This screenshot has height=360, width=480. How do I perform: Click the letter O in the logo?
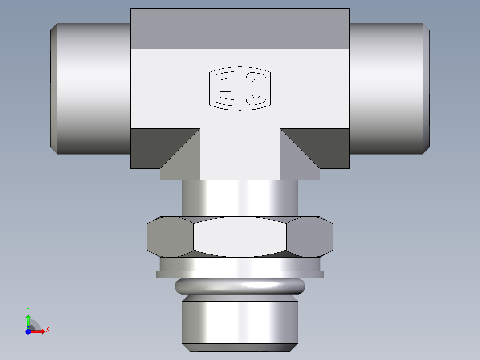256,89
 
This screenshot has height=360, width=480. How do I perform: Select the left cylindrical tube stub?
94,88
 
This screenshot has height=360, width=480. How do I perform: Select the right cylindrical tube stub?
385,88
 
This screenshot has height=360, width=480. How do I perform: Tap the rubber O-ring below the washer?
240,286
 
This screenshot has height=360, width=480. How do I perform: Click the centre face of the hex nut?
240,237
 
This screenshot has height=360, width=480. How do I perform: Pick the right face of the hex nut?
310,237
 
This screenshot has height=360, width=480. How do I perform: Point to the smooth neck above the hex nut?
240,198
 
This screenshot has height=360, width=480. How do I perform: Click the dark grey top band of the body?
240,29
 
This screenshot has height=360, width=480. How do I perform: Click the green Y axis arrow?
28,319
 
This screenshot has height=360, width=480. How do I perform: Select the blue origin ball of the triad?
28,331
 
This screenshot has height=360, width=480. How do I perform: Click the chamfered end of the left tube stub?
53,88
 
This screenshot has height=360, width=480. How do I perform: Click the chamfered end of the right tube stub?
426,88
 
